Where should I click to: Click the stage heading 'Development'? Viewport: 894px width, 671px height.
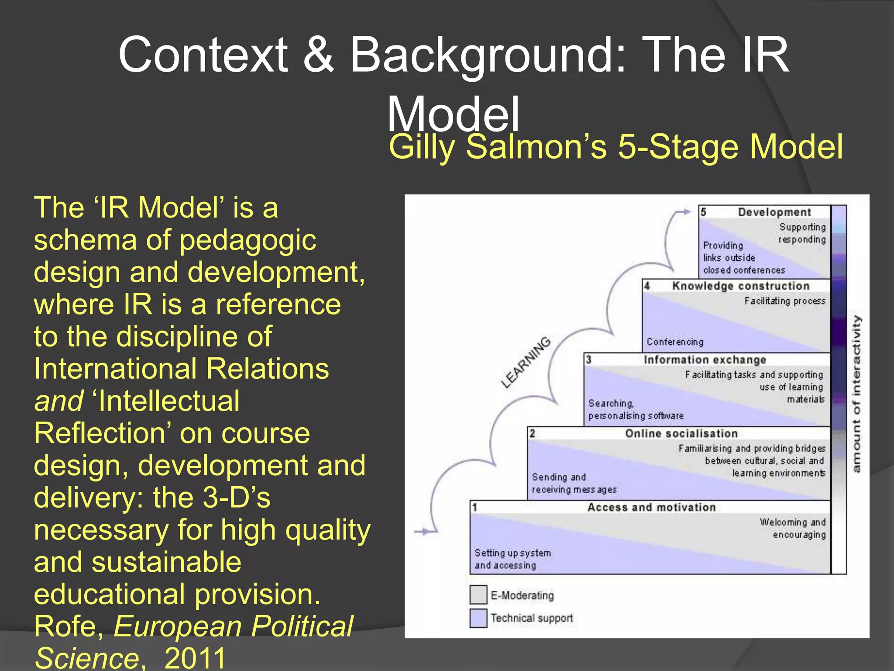click(x=774, y=212)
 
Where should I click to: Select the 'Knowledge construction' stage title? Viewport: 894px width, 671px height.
click(x=741, y=286)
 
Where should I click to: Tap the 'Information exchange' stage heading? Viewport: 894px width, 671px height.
click(x=705, y=360)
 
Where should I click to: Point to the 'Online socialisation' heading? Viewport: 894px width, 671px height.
click(x=681, y=433)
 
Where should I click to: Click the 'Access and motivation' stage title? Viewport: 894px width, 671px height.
click(x=651, y=507)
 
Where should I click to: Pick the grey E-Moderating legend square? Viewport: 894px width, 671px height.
click(x=478, y=595)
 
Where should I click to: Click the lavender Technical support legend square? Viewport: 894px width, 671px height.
click(x=478, y=618)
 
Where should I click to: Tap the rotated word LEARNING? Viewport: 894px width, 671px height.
click(x=526, y=362)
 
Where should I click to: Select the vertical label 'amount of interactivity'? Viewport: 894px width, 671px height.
click(x=857, y=394)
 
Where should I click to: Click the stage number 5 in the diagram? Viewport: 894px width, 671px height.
click(x=703, y=212)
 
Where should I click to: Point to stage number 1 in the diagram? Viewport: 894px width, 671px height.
click(x=475, y=508)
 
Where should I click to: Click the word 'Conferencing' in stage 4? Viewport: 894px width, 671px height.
click(x=675, y=342)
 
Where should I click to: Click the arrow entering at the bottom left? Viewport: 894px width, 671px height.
click(x=425, y=532)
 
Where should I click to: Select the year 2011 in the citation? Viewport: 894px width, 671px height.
click(x=195, y=658)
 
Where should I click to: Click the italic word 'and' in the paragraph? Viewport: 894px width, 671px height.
click(x=58, y=401)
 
